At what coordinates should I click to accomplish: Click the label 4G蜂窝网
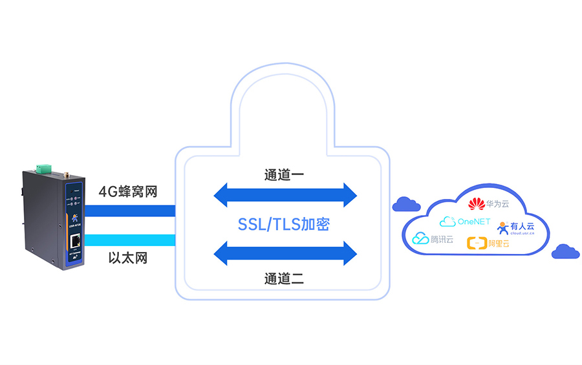128,192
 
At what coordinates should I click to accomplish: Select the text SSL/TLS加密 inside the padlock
284,224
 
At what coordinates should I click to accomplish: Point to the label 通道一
284,174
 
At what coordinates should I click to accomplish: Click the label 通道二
284,279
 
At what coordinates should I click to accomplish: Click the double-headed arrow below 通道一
285,194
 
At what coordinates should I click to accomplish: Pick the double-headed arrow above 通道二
285,253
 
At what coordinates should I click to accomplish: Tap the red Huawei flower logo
476,204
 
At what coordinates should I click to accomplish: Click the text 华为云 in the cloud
497,204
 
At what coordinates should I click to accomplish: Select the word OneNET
475,222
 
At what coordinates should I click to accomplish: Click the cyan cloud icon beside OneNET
447,222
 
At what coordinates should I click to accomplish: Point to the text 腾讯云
442,240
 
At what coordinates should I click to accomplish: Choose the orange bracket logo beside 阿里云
476,244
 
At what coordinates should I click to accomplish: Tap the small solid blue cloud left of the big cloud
406,205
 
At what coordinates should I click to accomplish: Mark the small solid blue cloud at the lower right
566,251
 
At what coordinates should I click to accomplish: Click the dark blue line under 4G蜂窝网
130,211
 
